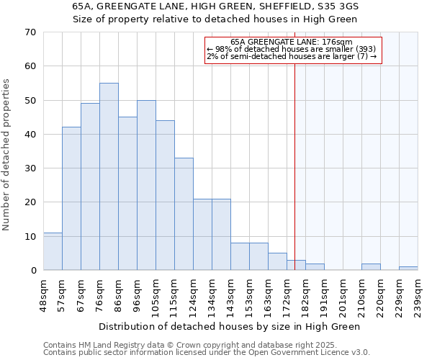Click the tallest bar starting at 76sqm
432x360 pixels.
pos(109,176)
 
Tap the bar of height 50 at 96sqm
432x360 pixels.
pos(146,185)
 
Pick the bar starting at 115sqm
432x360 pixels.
pos(184,214)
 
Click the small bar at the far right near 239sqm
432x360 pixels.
pos(408,269)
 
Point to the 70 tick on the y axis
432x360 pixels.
pos(30,32)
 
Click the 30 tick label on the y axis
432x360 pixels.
pos(30,168)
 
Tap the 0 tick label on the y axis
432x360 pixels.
pos(32,271)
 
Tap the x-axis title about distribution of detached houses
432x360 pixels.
pos(229,326)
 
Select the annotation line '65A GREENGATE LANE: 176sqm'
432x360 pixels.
pos(292,42)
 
